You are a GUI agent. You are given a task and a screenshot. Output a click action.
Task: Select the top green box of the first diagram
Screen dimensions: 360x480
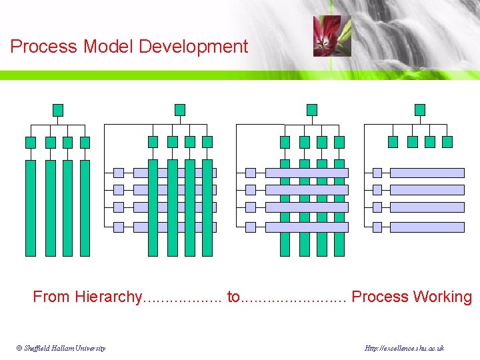[x=58, y=110]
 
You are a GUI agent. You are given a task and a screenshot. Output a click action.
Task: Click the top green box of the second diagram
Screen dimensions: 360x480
[x=179, y=110]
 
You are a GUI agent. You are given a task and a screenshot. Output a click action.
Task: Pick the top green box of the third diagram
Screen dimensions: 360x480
[x=311, y=110]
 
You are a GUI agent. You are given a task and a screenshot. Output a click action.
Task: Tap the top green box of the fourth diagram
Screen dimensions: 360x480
[x=419, y=110]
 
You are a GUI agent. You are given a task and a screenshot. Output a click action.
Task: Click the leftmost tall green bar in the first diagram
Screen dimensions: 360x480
[x=31, y=208]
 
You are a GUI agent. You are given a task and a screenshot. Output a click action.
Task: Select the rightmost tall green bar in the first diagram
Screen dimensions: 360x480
[x=85, y=208]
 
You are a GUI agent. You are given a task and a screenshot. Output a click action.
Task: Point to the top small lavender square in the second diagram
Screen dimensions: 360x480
[x=119, y=173]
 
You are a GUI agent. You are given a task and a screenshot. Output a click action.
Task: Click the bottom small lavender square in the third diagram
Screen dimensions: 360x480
[x=251, y=227]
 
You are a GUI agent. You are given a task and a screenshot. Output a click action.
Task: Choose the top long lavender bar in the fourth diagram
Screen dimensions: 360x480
[x=427, y=173]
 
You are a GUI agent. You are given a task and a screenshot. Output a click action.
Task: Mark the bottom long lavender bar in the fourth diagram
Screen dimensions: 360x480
[x=427, y=227]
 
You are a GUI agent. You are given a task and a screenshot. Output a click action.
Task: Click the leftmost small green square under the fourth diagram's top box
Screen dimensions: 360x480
[x=393, y=142]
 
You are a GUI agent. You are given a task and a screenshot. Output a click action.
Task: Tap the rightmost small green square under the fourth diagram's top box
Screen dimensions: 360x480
[x=447, y=142]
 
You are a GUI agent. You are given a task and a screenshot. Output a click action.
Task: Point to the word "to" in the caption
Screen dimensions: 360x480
[x=233, y=297]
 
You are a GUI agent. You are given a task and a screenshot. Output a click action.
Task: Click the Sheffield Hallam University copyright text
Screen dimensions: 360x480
[x=61, y=348]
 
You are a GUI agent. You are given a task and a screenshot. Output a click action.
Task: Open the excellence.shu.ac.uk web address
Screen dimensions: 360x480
[x=405, y=348]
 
